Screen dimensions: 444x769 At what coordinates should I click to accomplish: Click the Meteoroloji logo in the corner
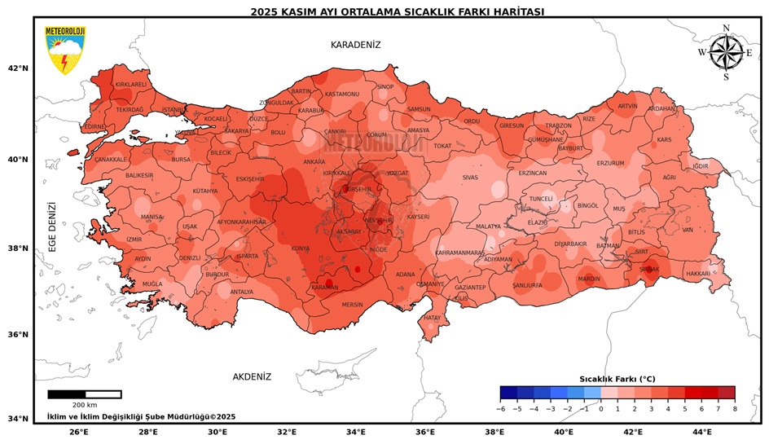tap(64, 50)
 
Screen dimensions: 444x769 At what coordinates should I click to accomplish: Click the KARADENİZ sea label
tap(355, 45)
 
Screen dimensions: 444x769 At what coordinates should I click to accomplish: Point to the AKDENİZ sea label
tap(252, 376)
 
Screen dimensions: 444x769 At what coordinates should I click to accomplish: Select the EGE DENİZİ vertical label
tap(52, 226)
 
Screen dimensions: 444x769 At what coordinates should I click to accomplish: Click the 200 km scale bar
tap(85, 395)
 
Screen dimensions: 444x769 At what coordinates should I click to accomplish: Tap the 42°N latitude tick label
tap(18, 68)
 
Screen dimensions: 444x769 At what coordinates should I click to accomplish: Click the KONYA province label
tap(301, 248)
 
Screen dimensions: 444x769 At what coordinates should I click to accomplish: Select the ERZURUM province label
tap(610, 163)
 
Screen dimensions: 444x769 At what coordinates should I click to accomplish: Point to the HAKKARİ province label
tap(697, 274)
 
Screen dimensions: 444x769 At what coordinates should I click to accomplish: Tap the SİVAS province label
tap(470, 177)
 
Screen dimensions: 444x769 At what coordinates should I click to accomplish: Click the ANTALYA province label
tap(241, 292)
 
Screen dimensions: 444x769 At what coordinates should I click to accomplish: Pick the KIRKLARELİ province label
tap(130, 84)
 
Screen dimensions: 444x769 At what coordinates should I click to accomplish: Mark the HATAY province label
tap(432, 317)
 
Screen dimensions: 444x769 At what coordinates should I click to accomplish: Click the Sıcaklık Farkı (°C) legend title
tap(617, 379)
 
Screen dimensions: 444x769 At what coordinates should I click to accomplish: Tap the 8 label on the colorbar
tap(734, 408)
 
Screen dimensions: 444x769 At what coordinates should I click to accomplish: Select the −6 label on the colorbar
tap(500, 408)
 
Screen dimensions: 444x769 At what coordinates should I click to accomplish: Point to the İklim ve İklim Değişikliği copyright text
tap(141, 416)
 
